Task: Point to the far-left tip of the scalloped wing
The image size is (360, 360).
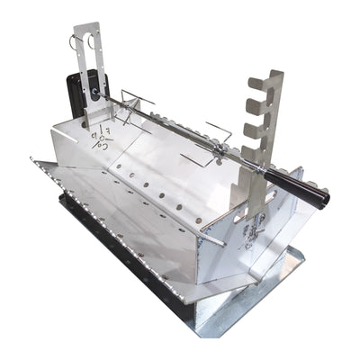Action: (31, 162)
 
